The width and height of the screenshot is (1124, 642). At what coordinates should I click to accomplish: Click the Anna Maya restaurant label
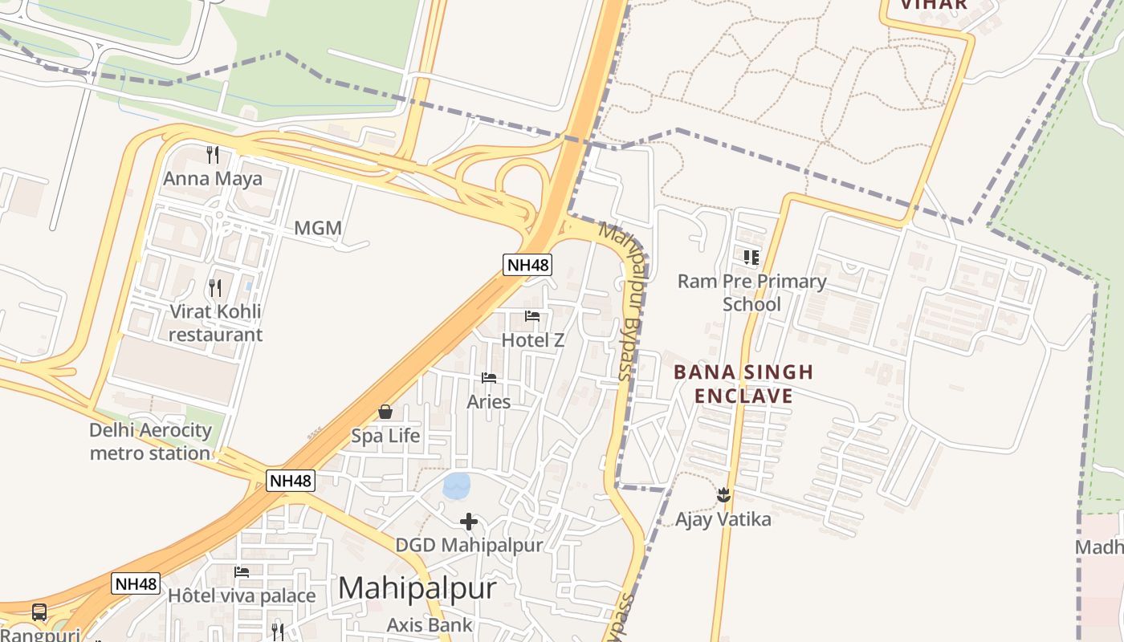[x=213, y=178]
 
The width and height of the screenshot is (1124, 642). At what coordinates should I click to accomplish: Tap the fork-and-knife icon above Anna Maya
[x=213, y=153]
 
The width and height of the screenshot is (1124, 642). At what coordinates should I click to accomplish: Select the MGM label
[x=318, y=228]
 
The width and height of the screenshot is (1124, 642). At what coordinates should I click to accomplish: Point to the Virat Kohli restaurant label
[x=215, y=323]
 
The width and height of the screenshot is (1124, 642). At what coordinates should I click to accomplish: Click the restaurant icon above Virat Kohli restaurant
[x=214, y=287]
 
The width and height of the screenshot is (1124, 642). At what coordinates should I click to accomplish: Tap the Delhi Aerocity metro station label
[x=150, y=441]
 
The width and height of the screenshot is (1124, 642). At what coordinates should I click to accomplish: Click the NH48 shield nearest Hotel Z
[x=527, y=264]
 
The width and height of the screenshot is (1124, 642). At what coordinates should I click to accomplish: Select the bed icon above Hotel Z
[x=532, y=316]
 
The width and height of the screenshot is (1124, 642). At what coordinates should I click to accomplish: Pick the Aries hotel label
[x=488, y=401]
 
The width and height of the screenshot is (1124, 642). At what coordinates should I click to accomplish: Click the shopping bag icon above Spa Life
[x=385, y=412]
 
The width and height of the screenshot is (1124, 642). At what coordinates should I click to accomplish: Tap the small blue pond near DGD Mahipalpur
[x=456, y=485]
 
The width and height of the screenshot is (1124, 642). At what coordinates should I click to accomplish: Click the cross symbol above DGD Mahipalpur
[x=469, y=522]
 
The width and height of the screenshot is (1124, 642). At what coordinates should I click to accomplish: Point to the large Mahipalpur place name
[x=417, y=587]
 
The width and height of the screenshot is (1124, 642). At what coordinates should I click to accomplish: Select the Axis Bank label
[x=430, y=624]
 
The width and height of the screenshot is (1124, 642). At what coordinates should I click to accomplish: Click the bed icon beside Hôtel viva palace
[x=242, y=572]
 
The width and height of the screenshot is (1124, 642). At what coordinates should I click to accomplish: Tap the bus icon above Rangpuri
[x=39, y=612]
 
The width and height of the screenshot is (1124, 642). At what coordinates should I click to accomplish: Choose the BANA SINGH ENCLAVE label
[x=743, y=384]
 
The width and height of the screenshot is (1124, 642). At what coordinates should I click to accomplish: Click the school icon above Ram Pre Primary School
[x=751, y=258]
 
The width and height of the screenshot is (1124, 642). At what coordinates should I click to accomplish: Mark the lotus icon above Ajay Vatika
[x=723, y=494]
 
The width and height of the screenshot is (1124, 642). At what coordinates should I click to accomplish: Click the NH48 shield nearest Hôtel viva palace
[x=136, y=583]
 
